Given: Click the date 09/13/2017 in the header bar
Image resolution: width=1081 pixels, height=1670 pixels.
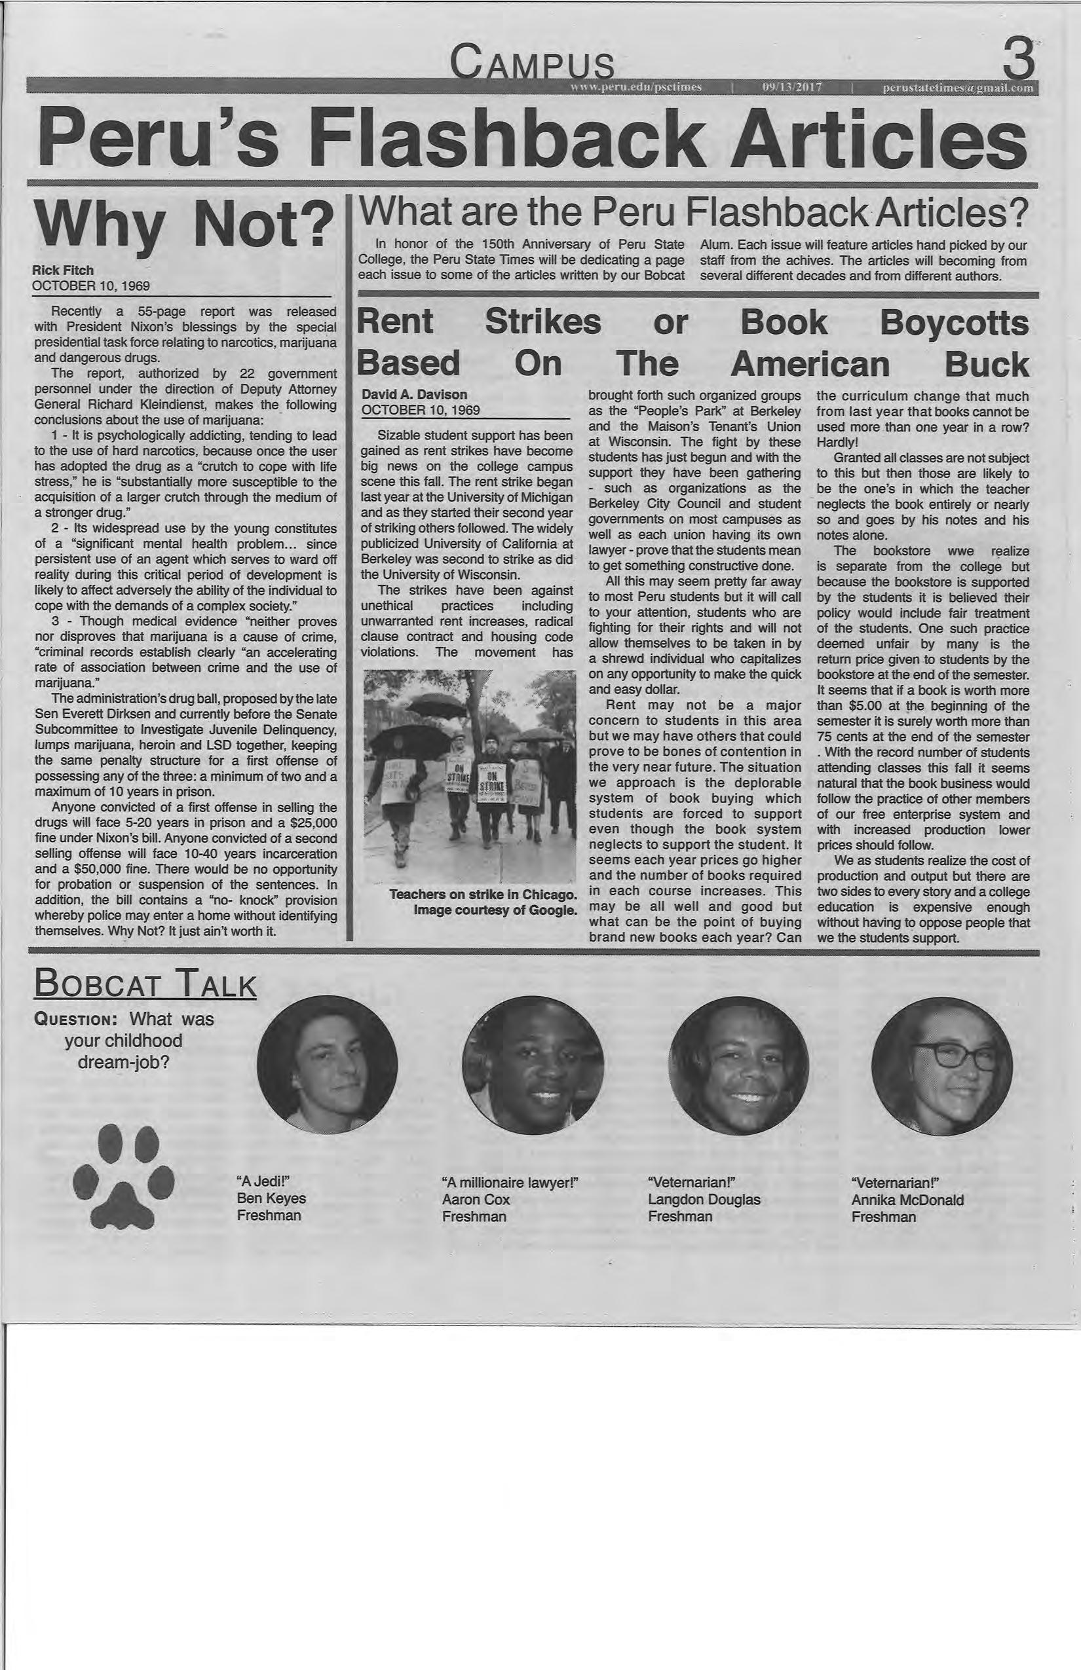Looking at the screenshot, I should point(792,87).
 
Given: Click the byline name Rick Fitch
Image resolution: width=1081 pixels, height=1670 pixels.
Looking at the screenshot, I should point(63,270).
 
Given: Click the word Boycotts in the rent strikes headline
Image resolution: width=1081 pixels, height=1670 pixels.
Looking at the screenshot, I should point(953,323).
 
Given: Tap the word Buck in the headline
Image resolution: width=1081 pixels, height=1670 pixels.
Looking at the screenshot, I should point(986,364).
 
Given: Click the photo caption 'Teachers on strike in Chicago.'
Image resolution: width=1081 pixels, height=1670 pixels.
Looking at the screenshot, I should point(483,895).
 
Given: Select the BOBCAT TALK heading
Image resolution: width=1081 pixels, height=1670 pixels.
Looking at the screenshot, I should point(145,984).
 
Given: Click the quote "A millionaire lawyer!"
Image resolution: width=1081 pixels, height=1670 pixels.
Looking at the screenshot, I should point(510,1183).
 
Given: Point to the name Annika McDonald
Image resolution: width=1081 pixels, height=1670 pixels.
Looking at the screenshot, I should point(907,1200).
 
